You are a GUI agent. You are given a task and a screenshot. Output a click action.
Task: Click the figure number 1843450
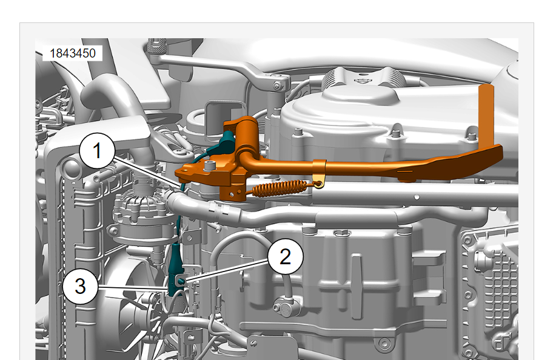click(x=73, y=53)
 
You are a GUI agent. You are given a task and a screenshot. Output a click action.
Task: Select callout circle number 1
click(x=98, y=151)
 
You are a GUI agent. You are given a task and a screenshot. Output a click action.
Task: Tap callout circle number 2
click(x=286, y=256)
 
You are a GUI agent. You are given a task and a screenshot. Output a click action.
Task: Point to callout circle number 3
click(x=80, y=286)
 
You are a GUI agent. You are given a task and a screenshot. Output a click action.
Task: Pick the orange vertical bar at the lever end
click(x=486, y=117)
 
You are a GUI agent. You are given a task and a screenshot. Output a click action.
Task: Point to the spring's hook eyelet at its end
click(x=319, y=184)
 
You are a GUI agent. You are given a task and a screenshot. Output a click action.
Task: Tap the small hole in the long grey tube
click(x=417, y=197)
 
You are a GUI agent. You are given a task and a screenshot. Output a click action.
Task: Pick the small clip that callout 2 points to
click(x=181, y=281)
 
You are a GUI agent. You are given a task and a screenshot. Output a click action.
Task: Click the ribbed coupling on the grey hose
click(x=218, y=210)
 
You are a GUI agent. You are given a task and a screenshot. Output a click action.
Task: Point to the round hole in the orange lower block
click(x=232, y=195)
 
